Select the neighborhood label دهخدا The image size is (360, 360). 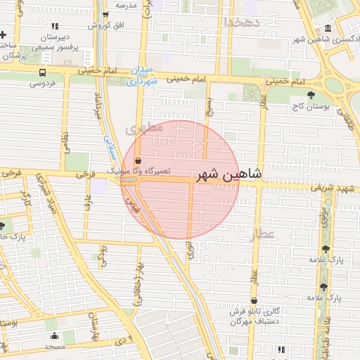242,22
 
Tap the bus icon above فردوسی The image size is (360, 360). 43,72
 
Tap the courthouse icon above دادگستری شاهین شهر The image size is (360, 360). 328,29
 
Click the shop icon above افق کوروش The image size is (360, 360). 105,15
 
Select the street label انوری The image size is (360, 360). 190,250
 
